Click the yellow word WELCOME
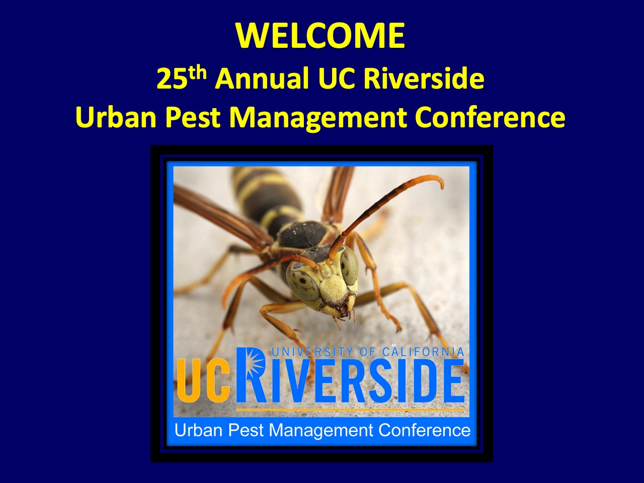coord(320,35)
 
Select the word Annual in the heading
coord(263,78)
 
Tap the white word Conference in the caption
coord(424,431)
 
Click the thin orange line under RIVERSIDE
coord(350,409)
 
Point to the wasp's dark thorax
coord(302,237)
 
